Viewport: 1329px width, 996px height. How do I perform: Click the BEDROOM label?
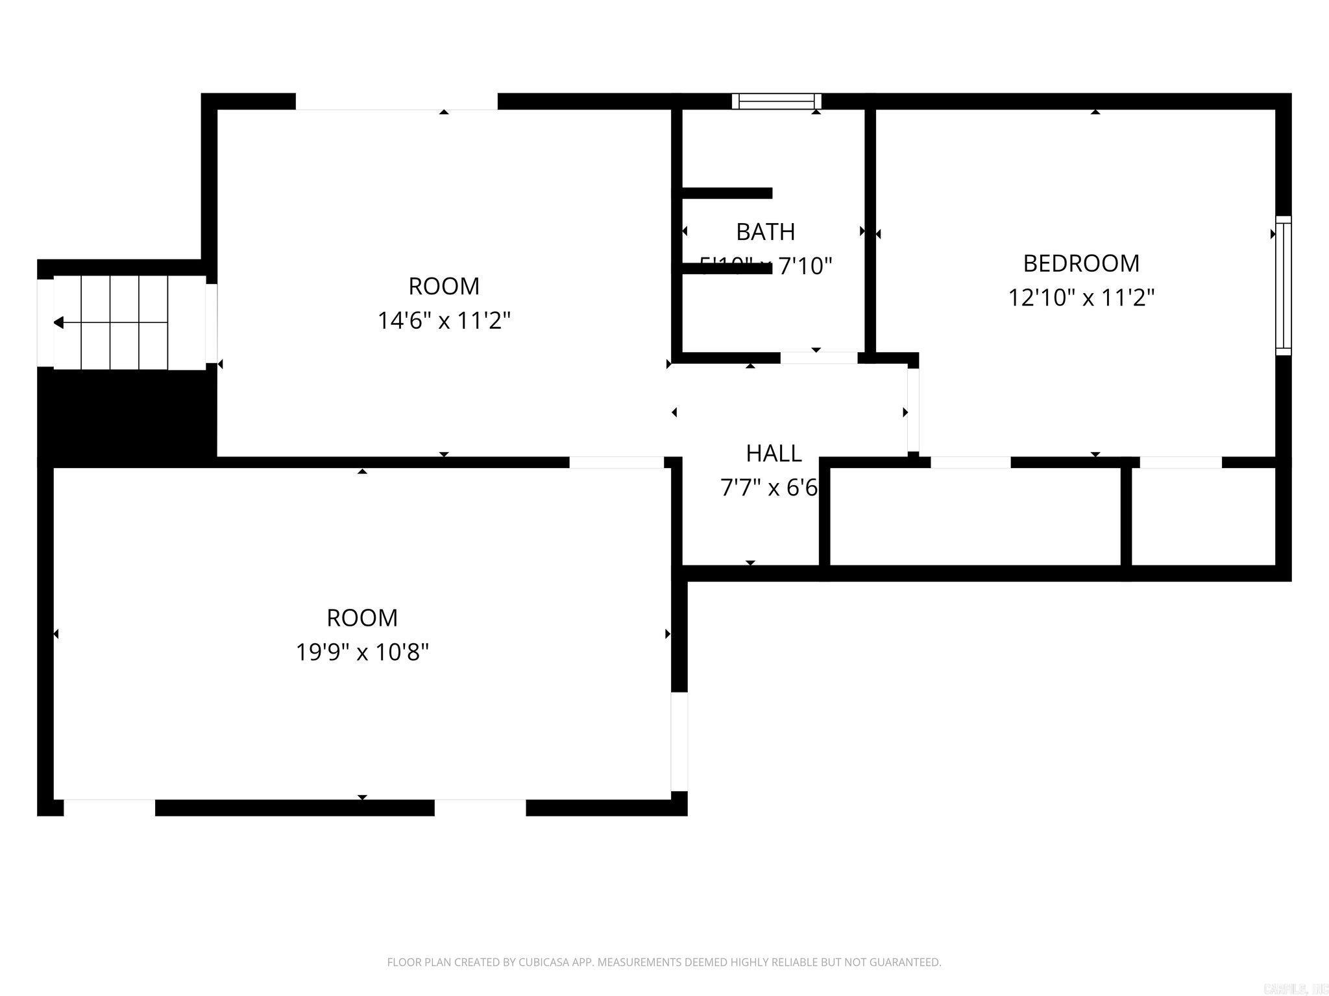click(1081, 263)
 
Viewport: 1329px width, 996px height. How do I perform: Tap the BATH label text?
click(765, 231)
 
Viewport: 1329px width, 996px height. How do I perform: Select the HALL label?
click(774, 453)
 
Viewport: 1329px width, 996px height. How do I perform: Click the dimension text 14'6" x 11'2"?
click(444, 320)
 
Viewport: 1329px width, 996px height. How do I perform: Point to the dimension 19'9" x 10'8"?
click(362, 652)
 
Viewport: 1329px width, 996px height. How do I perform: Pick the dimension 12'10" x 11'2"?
click(1081, 298)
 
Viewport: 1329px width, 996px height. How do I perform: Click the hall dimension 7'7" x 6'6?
click(769, 488)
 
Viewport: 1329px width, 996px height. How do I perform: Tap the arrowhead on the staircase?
click(58, 322)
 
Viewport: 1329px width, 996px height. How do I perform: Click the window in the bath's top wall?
click(777, 101)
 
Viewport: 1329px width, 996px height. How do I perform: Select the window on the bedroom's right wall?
click(1283, 285)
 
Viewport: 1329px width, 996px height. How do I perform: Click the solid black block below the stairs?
click(127, 415)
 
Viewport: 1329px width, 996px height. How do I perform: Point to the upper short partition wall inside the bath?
click(727, 193)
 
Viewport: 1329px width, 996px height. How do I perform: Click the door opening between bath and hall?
click(818, 358)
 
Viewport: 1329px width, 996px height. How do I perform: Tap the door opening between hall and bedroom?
click(912, 410)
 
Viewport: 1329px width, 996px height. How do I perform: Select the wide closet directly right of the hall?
click(975, 516)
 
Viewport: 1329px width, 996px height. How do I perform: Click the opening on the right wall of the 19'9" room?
click(679, 742)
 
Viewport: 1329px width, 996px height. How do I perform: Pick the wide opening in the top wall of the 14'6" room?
click(396, 102)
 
